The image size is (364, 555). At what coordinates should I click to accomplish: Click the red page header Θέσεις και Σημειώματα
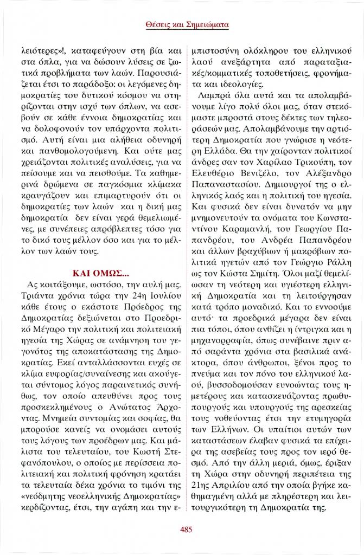point(187,24)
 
